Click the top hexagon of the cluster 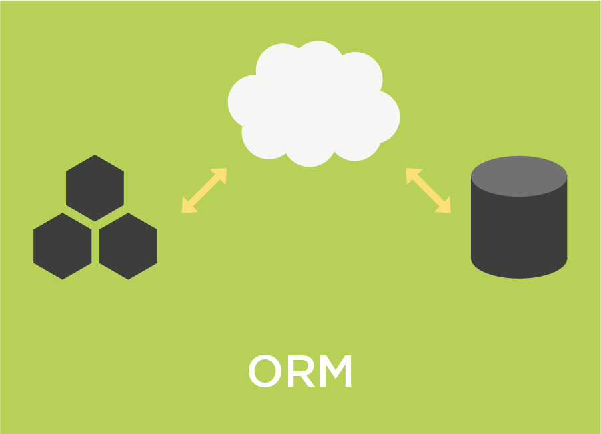[x=95, y=188]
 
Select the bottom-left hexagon [x=63, y=246]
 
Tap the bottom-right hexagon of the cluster [x=128, y=246]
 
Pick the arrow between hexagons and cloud [x=204, y=191]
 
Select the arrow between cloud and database [x=428, y=191]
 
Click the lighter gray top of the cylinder [x=519, y=175]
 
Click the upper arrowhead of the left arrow [x=220, y=175]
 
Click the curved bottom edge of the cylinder [x=519, y=275]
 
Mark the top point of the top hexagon [x=95, y=157]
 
